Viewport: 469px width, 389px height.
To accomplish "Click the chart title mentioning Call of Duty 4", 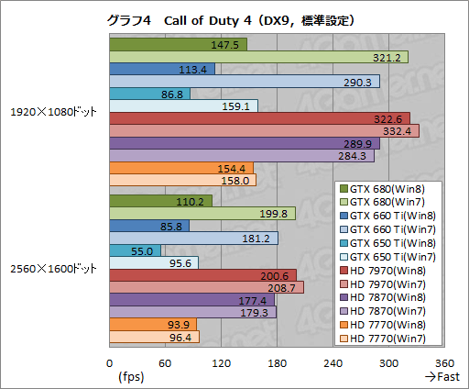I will (x=234, y=19).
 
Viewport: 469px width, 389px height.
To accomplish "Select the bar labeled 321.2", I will (x=258, y=57).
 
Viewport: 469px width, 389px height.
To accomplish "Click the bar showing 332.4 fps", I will (x=264, y=131).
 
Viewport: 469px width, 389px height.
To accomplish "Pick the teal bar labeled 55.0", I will (x=135, y=250).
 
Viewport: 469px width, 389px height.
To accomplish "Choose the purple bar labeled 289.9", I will (x=244, y=144).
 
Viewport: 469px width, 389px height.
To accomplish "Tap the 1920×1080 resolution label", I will (x=53, y=112).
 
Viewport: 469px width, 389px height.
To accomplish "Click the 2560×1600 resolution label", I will (x=53, y=269).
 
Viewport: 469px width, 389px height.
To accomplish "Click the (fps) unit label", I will (x=131, y=377).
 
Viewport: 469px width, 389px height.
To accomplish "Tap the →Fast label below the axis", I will (x=442, y=377).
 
